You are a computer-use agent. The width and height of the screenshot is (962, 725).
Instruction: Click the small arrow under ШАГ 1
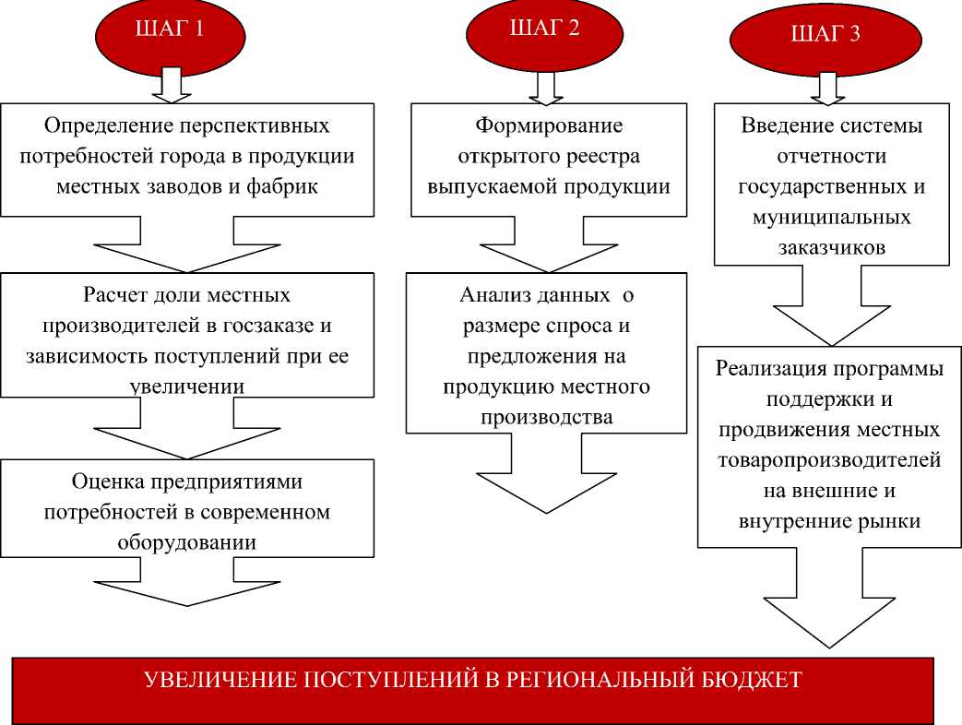(171, 83)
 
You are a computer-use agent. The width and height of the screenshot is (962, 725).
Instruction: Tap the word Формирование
(549, 125)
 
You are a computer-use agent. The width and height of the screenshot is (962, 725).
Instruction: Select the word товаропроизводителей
(829, 460)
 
